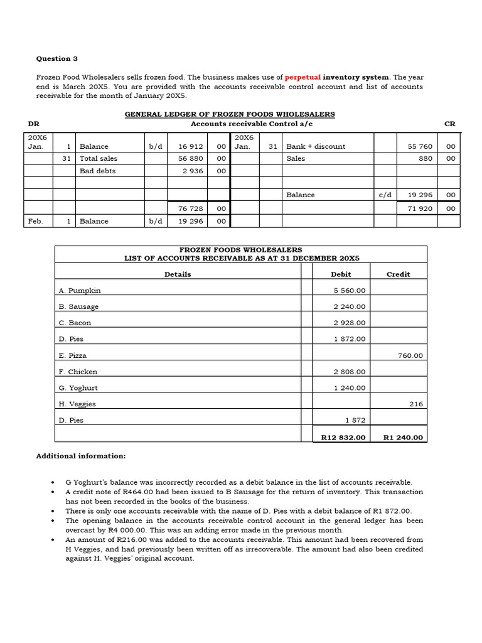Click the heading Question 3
[57, 58]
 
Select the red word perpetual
[303, 77]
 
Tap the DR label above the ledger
[33, 124]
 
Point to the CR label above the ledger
[449, 124]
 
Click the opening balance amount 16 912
[191, 146]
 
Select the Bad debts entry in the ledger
[97, 171]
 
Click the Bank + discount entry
[316, 146]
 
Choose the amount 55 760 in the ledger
[420, 146]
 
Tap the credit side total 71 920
[420, 208]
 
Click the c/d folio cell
[385, 195]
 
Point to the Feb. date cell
[36, 221]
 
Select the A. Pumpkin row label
[80, 291]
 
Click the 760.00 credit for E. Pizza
[410, 355]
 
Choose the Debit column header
[341, 274]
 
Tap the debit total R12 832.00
[343, 438]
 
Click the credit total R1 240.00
[403, 438]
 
